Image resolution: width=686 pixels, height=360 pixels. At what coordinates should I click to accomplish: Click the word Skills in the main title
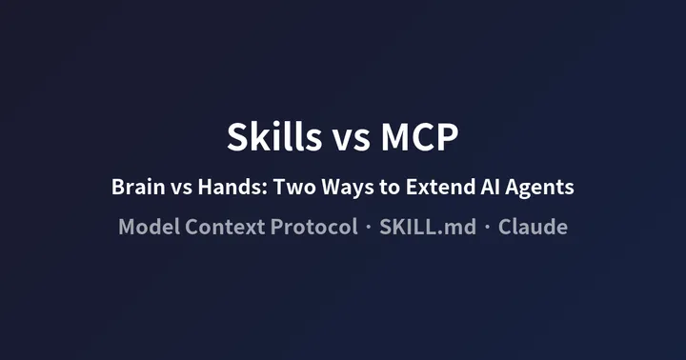[274, 137]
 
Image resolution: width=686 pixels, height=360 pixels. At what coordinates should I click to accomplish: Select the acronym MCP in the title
[420, 137]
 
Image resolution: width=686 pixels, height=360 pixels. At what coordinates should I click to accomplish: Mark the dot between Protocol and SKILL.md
[367, 229]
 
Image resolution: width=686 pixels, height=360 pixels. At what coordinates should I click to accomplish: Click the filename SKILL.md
[427, 228]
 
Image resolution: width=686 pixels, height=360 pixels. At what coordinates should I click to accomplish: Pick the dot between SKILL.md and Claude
[486, 229]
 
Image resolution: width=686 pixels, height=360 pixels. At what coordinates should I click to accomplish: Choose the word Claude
[533, 228]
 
